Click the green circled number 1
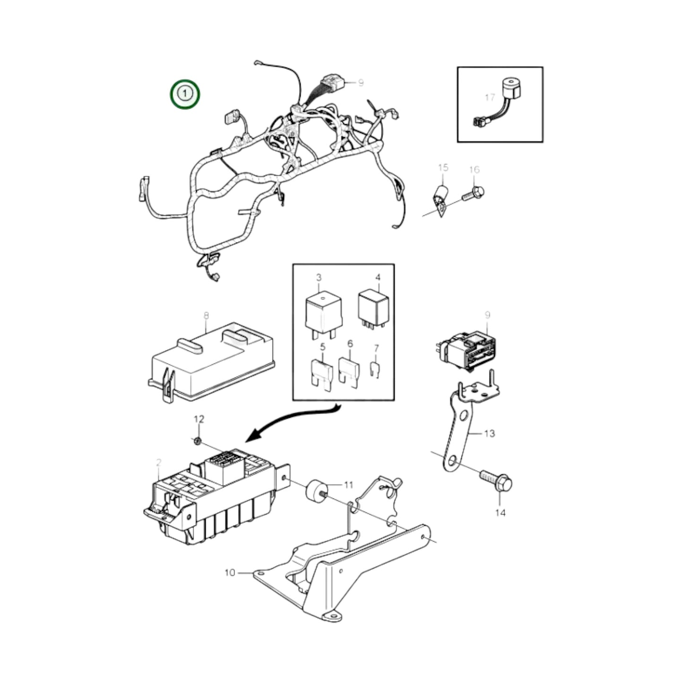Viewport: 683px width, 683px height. [x=185, y=94]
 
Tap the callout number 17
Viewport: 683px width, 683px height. [x=490, y=97]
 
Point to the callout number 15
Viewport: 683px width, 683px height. [x=443, y=167]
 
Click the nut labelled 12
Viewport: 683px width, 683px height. [x=198, y=441]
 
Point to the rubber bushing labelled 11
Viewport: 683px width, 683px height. [x=316, y=490]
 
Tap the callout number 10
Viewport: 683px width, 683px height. [x=230, y=573]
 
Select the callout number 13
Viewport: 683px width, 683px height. [x=490, y=433]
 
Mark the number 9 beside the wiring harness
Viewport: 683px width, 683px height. [x=361, y=83]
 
